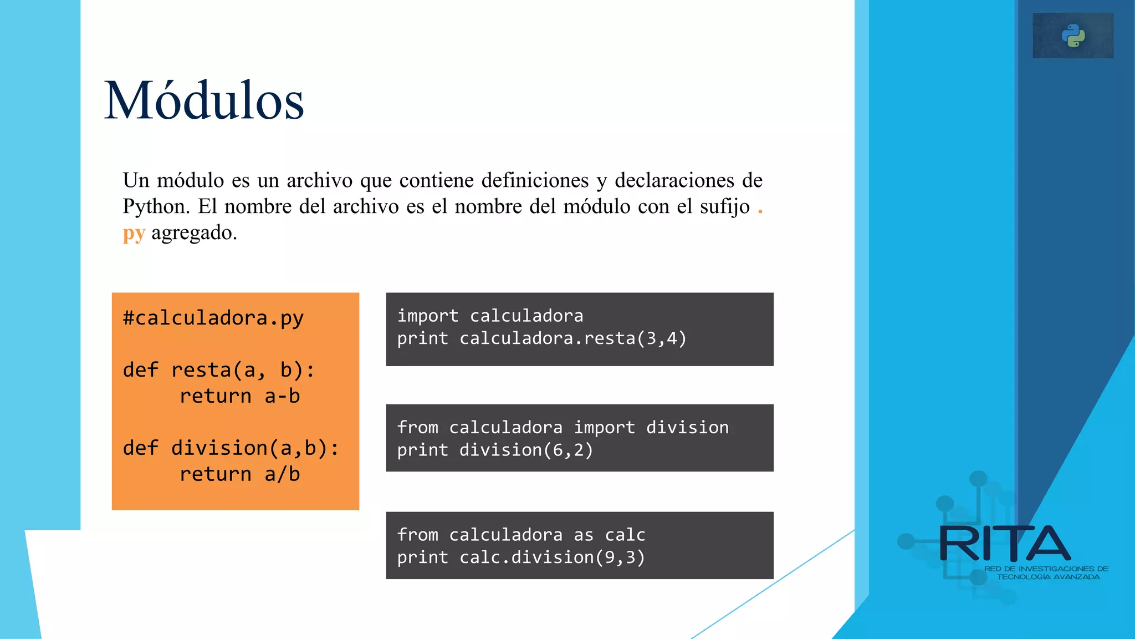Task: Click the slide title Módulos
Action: click(204, 101)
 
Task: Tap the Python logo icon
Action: click(1073, 36)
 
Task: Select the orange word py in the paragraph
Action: click(134, 234)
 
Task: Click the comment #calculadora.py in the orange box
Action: click(213, 318)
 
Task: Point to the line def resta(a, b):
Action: click(218, 370)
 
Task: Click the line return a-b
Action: click(239, 396)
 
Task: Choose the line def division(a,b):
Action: click(231, 448)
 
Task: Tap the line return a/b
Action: click(239, 474)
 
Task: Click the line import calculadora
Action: click(490, 316)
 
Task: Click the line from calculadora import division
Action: click(563, 428)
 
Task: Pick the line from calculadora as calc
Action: click(521, 535)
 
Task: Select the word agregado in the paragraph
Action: click(191, 233)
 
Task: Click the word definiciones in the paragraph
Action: click(535, 181)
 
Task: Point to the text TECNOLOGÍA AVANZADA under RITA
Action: click(1048, 577)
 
